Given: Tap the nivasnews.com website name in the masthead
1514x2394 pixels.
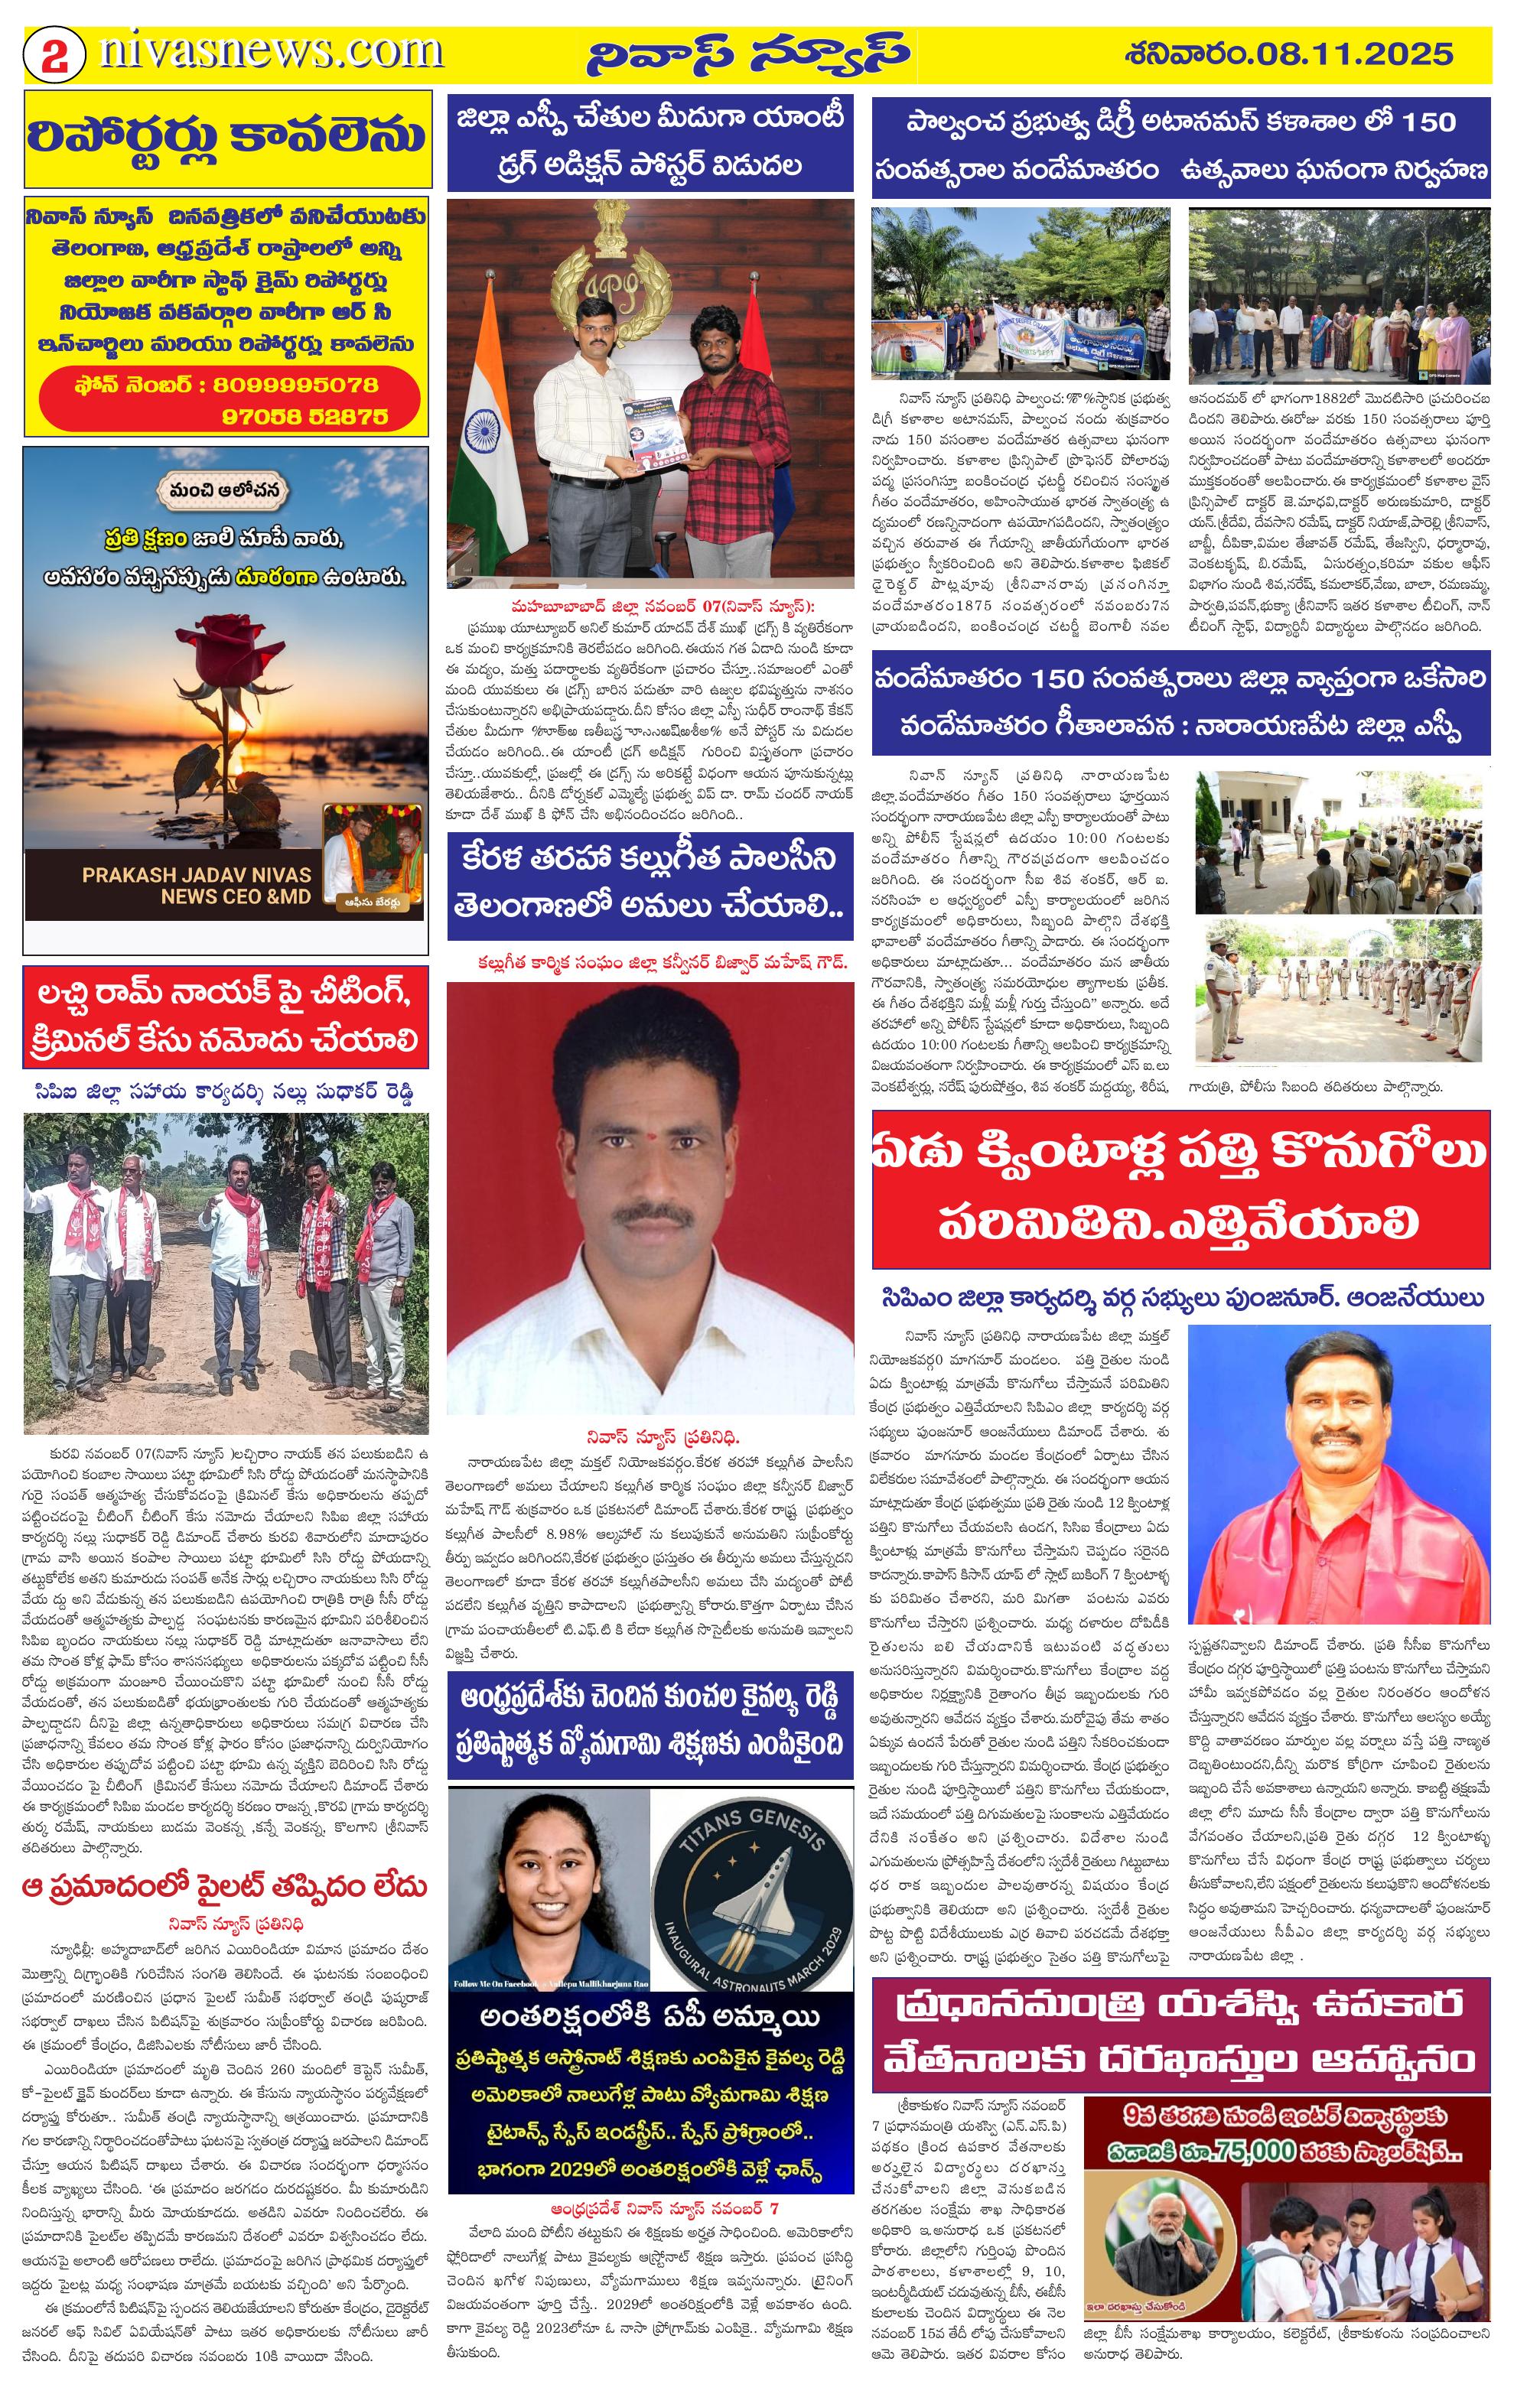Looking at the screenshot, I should (x=270, y=52).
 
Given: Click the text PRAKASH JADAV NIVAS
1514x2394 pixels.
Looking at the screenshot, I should (x=197, y=875).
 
